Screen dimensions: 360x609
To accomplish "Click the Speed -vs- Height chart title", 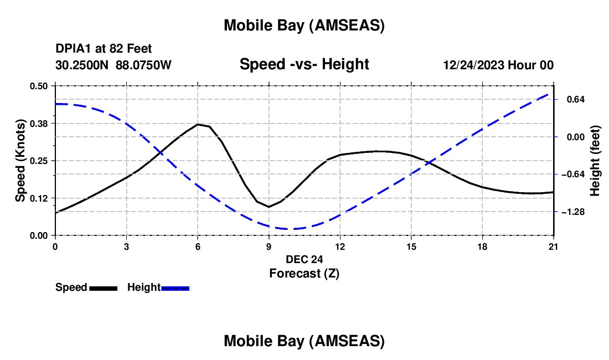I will (x=304, y=64).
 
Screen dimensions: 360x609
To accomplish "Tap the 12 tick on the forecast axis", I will (x=339, y=246).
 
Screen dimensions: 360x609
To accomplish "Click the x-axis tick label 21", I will (x=553, y=246).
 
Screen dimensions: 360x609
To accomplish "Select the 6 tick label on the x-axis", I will (x=198, y=246).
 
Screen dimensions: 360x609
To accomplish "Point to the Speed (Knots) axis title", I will (x=20, y=161).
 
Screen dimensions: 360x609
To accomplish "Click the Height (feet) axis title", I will (x=595, y=161).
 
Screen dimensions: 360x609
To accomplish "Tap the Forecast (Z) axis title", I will (x=304, y=273).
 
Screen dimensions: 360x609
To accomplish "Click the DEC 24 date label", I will (x=304, y=259).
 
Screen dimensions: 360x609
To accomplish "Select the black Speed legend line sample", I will (x=103, y=288).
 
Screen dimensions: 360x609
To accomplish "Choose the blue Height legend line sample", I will (x=175, y=288).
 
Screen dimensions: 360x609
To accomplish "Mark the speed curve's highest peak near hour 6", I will (x=198, y=124).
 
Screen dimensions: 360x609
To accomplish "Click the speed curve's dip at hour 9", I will (x=269, y=207).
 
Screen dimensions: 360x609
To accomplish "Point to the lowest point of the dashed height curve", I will (x=291, y=229).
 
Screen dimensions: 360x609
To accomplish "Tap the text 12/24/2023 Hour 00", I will (x=498, y=65).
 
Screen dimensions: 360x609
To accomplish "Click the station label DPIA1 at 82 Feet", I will (x=104, y=49).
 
